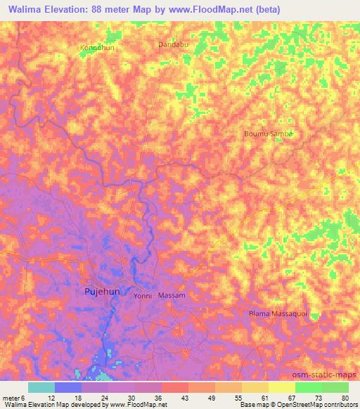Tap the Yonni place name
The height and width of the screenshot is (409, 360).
[x=143, y=297]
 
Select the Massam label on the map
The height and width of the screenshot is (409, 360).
[x=172, y=296]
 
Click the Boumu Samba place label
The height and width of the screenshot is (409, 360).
[x=266, y=134]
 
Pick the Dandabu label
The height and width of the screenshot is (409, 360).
[x=174, y=44]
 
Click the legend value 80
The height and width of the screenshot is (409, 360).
[x=345, y=398]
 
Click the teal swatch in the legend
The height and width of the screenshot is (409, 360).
[x=41, y=387]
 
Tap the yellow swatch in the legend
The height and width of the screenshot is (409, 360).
[x=281, y=387]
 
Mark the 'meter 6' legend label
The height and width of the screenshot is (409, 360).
[x=14, y=398]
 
